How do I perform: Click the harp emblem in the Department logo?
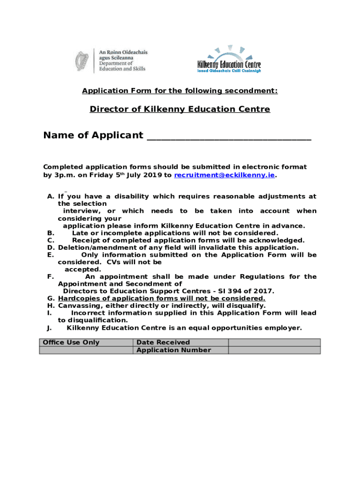[83, 61]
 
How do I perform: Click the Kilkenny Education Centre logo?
[229, 59]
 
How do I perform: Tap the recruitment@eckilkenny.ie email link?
[224, 175]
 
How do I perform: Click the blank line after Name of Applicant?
[229, 136]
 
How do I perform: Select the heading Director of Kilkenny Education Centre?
[180, 109]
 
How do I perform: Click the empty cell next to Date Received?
[274, 342]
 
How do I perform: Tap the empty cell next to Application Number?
[274, 350]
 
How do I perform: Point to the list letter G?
[50, 298]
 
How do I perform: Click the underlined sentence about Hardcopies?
[162, 298]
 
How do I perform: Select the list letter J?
[49, 328]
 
